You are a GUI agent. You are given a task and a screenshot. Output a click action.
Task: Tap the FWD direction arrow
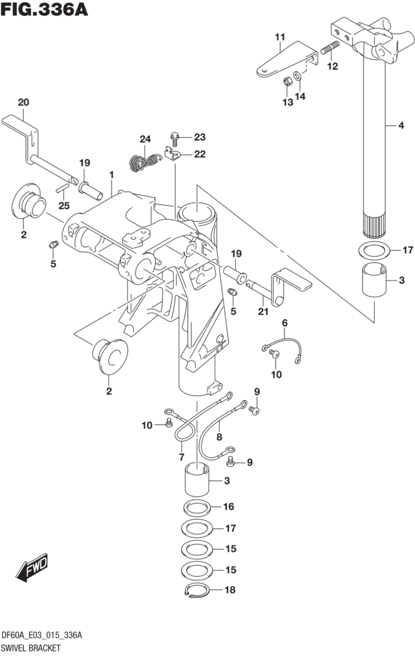[33, 569]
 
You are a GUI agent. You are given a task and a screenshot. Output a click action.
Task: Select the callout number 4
[401, 126]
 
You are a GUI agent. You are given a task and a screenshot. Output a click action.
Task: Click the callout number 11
[279, 38]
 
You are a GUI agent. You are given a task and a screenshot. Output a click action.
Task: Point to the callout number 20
[23, 102]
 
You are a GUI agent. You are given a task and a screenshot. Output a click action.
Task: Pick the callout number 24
[145, 140]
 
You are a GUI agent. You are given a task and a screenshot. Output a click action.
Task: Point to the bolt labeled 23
[175, 136]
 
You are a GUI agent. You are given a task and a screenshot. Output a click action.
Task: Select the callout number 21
[262, 312]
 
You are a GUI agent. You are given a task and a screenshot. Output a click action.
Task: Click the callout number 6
[284, 324]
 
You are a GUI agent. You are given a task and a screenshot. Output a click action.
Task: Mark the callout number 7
[182, 457]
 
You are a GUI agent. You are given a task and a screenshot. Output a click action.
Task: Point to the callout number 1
[111, 174]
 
